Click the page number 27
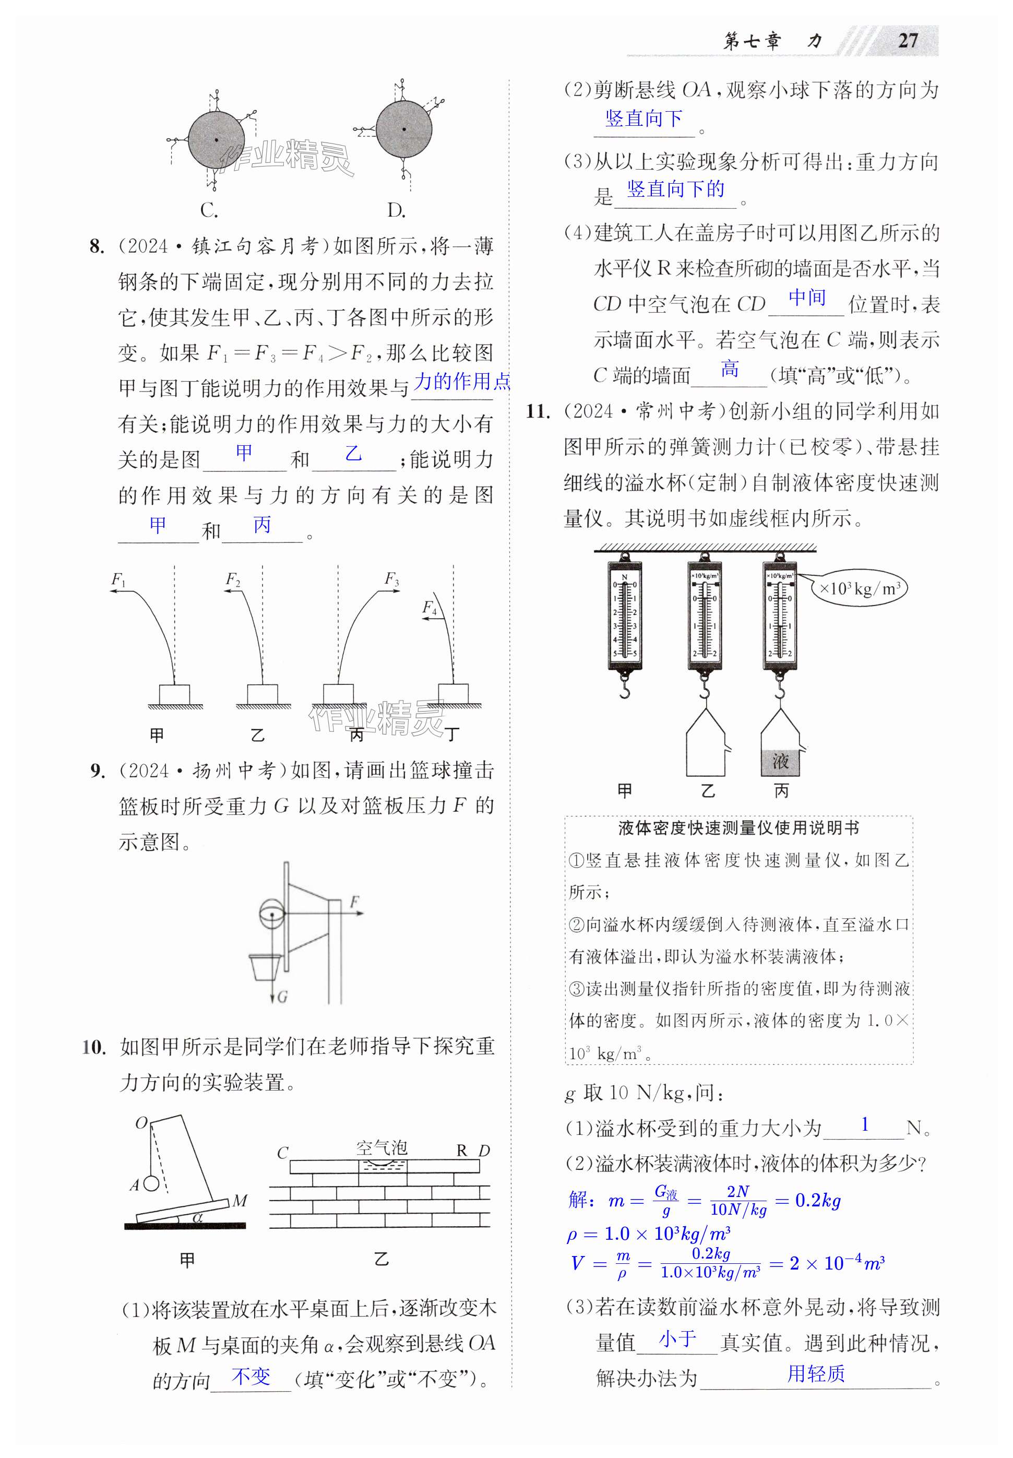click(x=908, y=41)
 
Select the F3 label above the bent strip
click(x=391, y=579)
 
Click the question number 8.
click(x=97, y=246)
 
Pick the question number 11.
click(x=538, y=412)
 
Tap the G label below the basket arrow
click(x=282, y=997)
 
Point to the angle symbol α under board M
click(x=197, y=1216)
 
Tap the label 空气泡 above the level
click(x=382, y=1147)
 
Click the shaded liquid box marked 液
click(x=780, y=761)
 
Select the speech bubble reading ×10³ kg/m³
click(x=860, y=588)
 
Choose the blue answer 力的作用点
click(x=461, y=382)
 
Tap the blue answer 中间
click(x=807, y=298)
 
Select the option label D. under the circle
click(x=396, y=209)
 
